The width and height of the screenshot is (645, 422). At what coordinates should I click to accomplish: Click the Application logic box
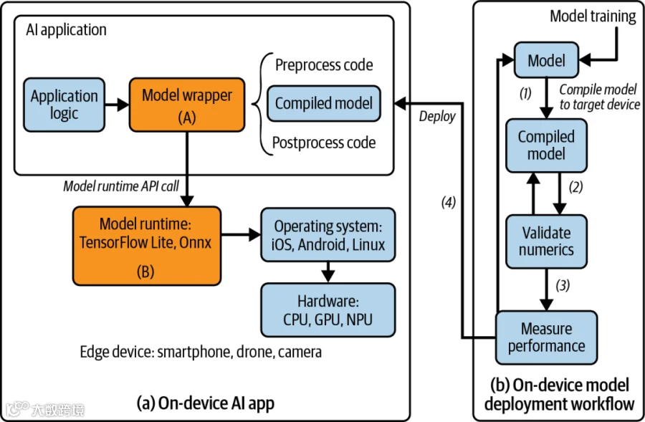click(x=64, y=105)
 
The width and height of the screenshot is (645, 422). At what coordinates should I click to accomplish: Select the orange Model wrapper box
click(x=187, y=105)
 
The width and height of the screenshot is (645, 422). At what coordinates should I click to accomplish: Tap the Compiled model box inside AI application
click(x=324, y=103)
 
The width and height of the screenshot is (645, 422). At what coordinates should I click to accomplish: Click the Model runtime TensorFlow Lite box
click(x=147, y=246)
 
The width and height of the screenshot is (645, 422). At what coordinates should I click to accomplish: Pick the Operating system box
click(x=328, y=235)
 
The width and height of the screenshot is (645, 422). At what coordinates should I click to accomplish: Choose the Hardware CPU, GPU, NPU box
click(x=328, y=310)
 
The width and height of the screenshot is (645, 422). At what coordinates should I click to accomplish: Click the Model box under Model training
click(x=546, y=60)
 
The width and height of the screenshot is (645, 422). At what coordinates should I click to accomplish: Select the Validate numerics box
click(x=546, y=241)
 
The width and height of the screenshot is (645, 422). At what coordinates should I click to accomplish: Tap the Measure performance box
click(x=546, y=337)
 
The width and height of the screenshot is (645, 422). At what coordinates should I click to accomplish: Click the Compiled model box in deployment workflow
click(x=546, y=145)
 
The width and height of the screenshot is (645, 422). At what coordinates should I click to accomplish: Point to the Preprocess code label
click(x=324, y=65)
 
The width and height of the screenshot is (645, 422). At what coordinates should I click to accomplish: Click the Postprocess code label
click(x=324, y=143)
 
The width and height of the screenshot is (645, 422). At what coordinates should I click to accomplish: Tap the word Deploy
click(x=437, y=117)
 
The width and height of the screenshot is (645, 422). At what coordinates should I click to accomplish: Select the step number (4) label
click(x=449, y=202)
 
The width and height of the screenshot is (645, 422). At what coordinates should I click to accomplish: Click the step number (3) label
click(x=563, y=285)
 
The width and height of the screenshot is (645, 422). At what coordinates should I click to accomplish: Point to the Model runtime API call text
click(x=121, y=186)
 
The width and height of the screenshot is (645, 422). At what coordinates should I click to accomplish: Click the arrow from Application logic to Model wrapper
click(x=117, y=105)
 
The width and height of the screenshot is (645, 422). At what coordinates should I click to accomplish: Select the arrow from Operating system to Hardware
click(x=328, y=272)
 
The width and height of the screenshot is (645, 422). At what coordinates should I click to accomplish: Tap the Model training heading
click(x=593, y=16)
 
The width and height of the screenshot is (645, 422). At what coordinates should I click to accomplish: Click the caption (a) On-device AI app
click(x=205, y=403)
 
